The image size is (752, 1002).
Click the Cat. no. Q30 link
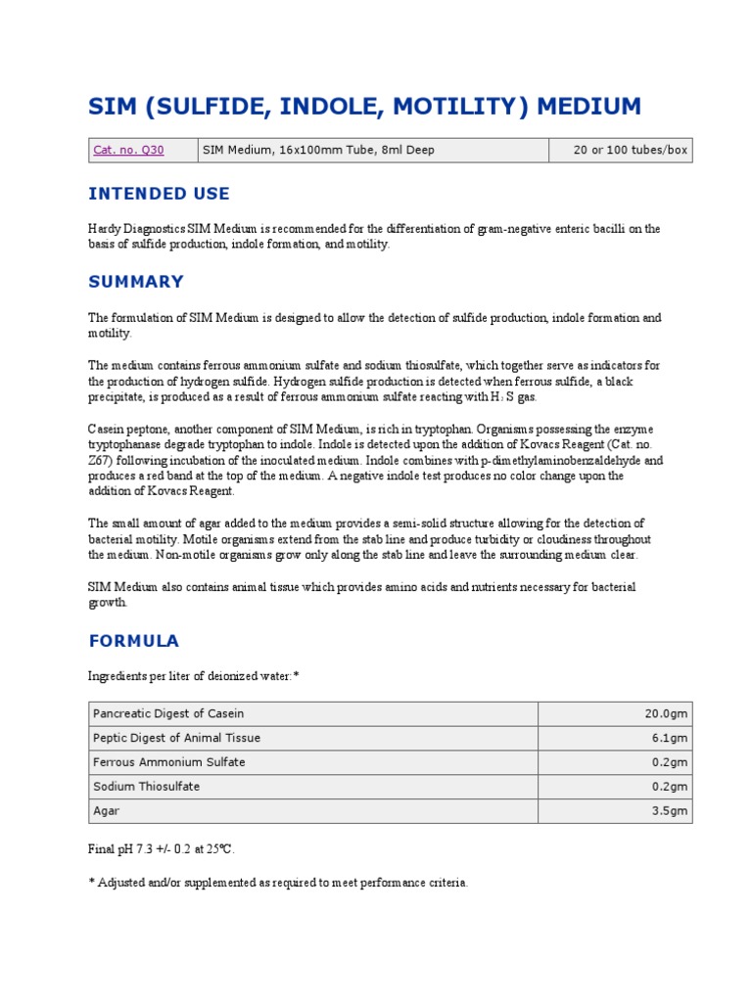(128, 150)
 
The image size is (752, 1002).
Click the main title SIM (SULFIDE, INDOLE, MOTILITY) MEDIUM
(364, 106)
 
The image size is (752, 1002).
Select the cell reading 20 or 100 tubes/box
(632, 150)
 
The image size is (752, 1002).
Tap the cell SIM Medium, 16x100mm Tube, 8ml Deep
(318, 150)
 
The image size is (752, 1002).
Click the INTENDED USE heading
(159, 194)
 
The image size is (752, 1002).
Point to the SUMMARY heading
(136, 282)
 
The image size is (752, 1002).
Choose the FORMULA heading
(134, 641)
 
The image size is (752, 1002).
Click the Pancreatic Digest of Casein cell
(168, 713)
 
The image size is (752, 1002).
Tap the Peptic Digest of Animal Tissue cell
(176, 738)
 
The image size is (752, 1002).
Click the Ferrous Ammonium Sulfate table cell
(168, 762)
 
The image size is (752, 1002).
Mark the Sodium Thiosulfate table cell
(148, 787)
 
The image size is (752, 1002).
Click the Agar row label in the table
(106, 811)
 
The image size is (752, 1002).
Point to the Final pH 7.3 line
(162, 848)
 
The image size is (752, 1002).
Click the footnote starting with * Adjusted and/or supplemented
(278, 883)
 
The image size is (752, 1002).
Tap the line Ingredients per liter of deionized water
(193, 677)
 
